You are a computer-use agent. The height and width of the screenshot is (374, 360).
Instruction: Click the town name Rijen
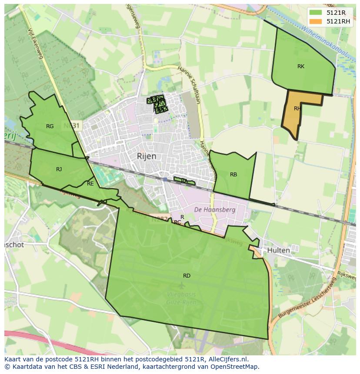147,156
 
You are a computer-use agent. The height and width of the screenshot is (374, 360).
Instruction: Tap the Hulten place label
279,250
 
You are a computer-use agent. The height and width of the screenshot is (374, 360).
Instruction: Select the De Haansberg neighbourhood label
214,209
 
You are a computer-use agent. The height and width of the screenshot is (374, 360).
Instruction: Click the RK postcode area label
301,66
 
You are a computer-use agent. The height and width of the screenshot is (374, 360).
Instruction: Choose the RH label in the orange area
297,109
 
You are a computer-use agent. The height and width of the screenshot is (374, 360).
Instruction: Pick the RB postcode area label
233,175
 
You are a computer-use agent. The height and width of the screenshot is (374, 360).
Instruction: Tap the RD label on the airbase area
187,276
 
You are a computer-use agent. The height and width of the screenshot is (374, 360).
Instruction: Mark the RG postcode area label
50,126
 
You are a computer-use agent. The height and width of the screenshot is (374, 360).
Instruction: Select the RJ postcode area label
59,169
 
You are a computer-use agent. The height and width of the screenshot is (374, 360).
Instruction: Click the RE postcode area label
90,184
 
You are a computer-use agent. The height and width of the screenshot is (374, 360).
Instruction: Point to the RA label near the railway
184,181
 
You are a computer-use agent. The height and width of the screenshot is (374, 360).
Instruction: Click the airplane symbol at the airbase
181,285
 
